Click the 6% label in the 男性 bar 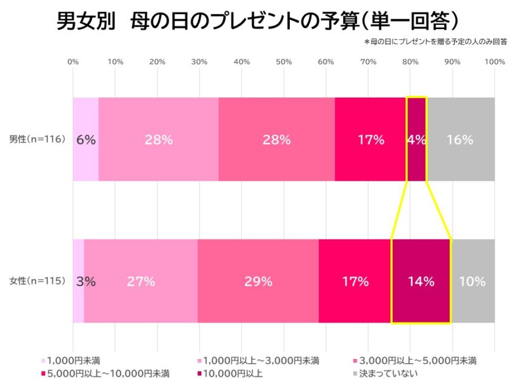[x=86, y=139]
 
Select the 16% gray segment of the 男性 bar [x=460, y=139]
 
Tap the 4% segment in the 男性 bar [x=416, y=139]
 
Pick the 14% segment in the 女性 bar [x=421, y=281]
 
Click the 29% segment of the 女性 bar [x=258, y=281]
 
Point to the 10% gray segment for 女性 [x=473, y=281]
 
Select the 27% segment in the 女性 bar [x=141, y=281]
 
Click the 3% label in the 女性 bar [x=86, y=281]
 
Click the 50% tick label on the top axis [x=284, y=62]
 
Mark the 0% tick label [x=73, y=62]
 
